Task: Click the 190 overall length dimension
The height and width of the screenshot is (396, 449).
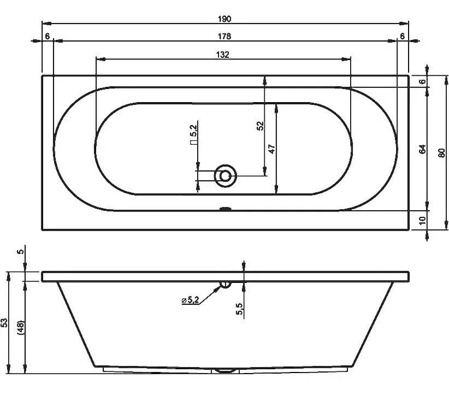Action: coord(225,19)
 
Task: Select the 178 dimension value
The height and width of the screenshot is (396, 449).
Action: coord(225,37)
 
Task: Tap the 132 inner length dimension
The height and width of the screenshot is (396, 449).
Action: coord(223,55)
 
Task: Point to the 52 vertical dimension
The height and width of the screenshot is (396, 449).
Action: coord(260,126)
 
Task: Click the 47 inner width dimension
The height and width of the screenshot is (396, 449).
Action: coord(271,149)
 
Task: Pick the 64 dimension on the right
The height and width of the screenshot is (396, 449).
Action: coord(422,149)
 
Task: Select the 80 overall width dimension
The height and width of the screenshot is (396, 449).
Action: coord(441,152)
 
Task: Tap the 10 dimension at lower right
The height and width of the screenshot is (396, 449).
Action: coord(422,221)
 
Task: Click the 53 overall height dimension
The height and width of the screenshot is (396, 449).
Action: coord(4,323)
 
